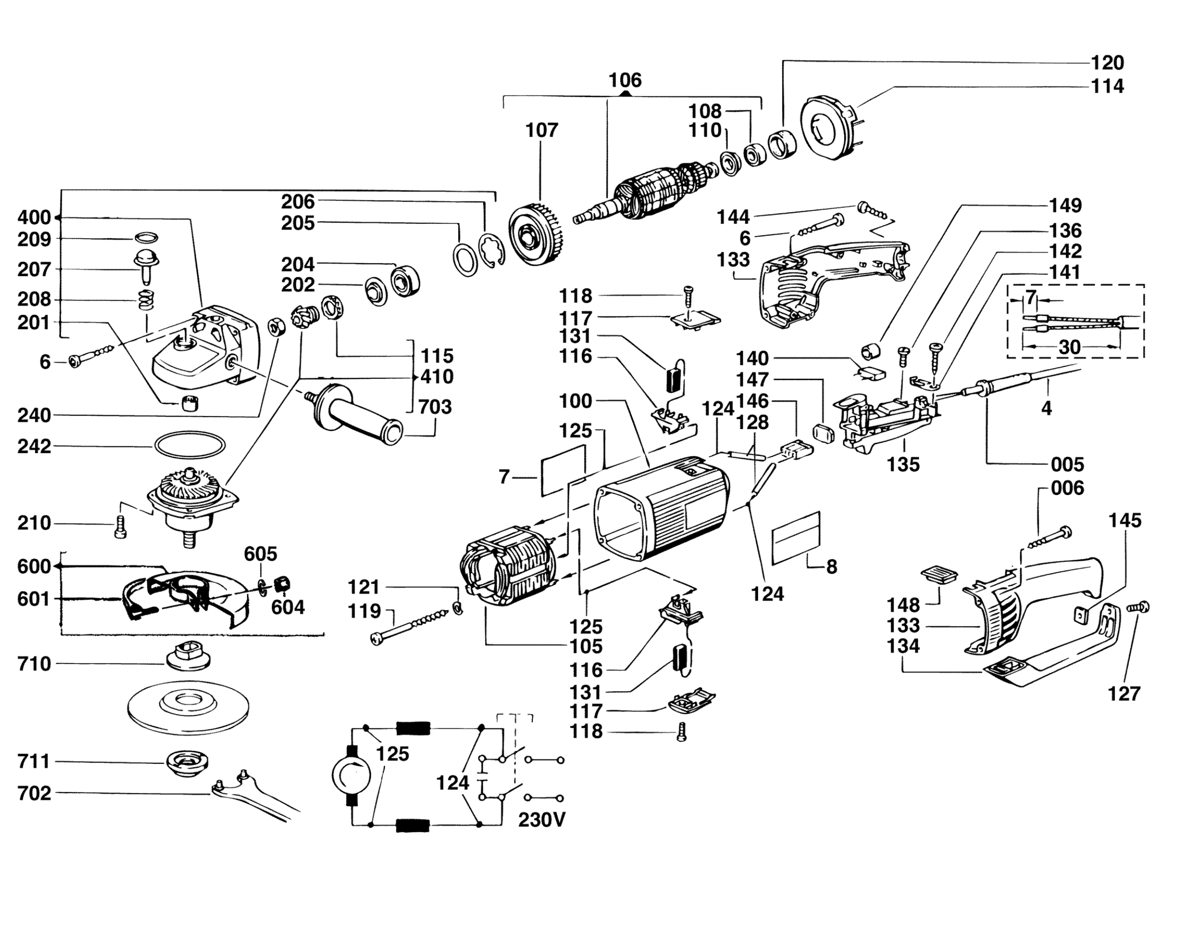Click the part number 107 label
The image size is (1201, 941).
[x=541, y=131]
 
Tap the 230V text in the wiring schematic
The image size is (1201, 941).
[x=541, y=820]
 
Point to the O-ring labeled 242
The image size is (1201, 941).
[x=190, y=445]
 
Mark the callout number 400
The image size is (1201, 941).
[x=34, y=217]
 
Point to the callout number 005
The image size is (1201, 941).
[x=1067, y=464]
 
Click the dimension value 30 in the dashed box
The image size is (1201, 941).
[x=1069, y=348]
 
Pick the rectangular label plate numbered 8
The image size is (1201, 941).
[x=796, y=538]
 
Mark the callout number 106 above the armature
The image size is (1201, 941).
[x=625, y=81]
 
